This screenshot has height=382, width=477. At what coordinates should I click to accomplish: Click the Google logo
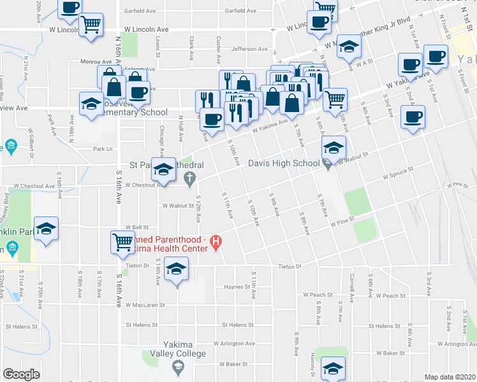click(x=21, y=374)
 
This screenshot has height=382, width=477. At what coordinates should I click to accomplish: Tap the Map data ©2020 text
click(x=450, y=377)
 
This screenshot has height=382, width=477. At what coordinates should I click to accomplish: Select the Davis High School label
click(x=283, y=164)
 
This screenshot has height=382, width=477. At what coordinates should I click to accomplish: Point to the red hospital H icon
click(x=216, y=242)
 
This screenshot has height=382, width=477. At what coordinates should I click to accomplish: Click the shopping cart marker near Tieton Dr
click(x=122, y=241)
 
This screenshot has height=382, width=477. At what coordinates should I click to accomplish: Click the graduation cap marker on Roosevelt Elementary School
click(x=92, y=103)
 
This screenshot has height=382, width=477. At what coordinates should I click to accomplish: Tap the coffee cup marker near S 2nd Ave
click(x=413, y=117)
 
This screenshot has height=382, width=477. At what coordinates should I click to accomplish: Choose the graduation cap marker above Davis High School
click(x=332, y=148)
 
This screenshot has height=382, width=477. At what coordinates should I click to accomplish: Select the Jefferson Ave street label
click(x=250, y=48)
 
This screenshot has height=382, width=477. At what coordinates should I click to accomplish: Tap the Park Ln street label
click(x=103, y=149)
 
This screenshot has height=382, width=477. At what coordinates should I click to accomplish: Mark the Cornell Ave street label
click(x=351, y=288)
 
